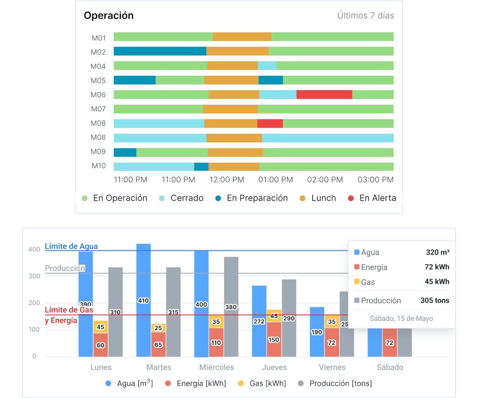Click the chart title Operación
[108, 16]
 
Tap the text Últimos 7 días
[365, 16]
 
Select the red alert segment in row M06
[324, 95]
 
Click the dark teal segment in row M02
[160, 51]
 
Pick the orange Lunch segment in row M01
[242, 37]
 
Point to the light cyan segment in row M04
[267, 66]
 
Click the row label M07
[98, 109]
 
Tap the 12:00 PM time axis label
[226, 180]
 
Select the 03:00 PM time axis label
[376, 180]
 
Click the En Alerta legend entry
[377, 198]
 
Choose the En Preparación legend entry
[257, 198]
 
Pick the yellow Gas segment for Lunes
[100, 327]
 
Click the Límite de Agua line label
[71, 247]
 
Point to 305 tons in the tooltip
[435, 301]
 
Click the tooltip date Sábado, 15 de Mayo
[401, 318]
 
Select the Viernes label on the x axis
[332, 367]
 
